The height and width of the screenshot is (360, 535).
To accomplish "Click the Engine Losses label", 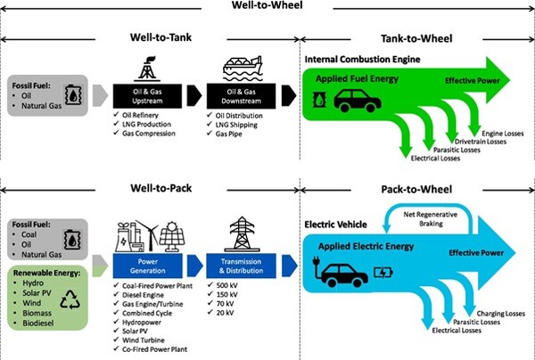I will tap(506, 134).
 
